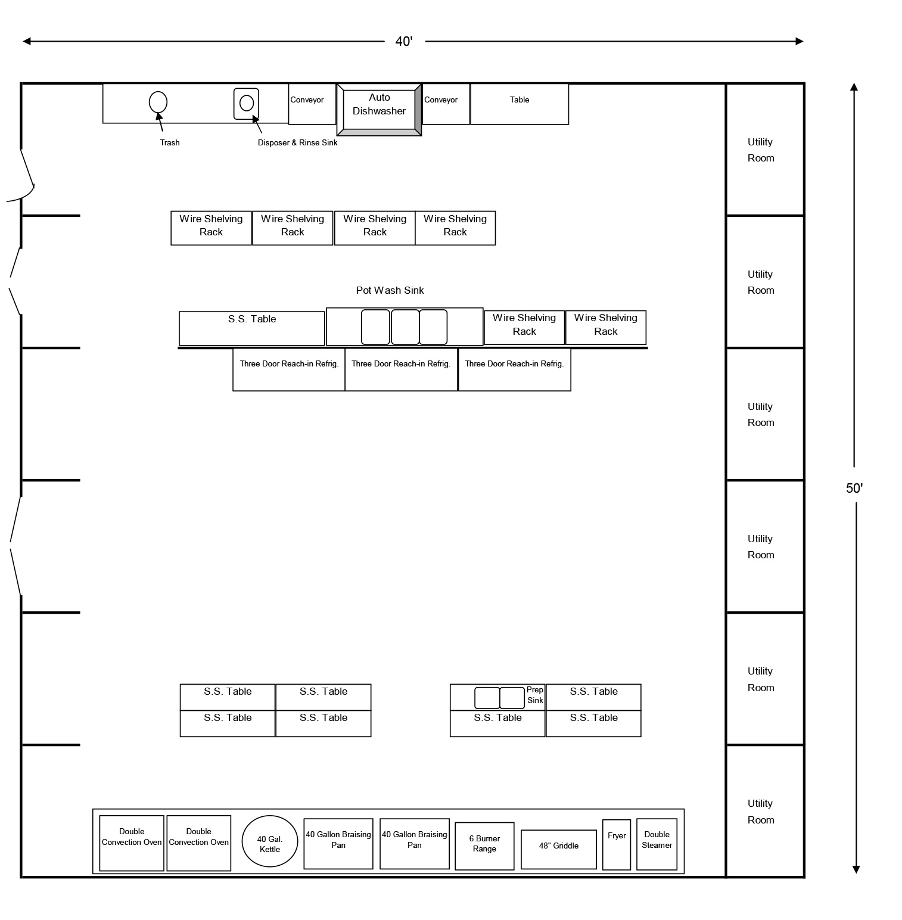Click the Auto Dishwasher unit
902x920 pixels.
[379, 110]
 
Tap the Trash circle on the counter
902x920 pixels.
[158, 102]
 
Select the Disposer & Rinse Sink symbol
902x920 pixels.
[246, 103]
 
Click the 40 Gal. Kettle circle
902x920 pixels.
[270, 841]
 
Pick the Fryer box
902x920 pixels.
[617, 844]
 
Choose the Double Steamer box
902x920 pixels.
[657, 844]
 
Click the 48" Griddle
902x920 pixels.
[558, 848]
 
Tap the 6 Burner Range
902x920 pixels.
[484, 846]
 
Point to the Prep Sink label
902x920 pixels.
[535, 695]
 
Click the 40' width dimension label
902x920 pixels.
[404, 41]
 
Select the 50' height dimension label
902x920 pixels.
[854, 488]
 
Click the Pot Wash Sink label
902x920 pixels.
[390, 290]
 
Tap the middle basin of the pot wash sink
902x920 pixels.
[405, 327]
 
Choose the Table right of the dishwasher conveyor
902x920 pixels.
[520, 104]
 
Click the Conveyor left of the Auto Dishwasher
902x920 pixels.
[312, 104]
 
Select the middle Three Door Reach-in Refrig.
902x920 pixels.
[401, 369]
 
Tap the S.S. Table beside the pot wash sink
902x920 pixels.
[252, 328]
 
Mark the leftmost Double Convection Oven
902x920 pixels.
[132, 843]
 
